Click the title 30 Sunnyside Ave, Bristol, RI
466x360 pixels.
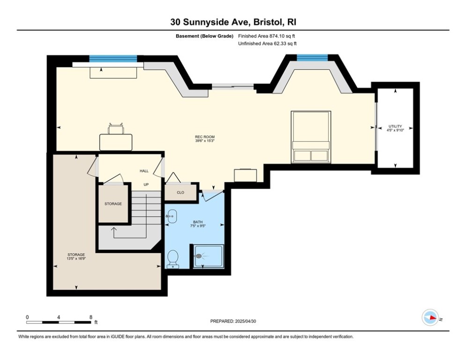pos(233,22)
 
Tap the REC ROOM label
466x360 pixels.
pos(205,137)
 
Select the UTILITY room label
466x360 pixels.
pos(395,127)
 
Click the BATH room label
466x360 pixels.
pos(199,222)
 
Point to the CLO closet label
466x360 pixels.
pos(180,193)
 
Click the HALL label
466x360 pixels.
pos(144,171)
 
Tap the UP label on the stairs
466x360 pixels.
pos(146,185)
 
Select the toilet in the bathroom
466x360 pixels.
pos(172,258)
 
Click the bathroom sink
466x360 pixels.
pos(170,217)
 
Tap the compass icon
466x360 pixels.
pos(429,318)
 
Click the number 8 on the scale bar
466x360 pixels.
pos(90,317)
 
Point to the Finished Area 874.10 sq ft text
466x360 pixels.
pos(267,36)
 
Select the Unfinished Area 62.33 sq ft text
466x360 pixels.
pos(267,44)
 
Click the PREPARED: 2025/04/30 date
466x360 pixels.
pos(233,321)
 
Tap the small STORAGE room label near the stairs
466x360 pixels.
pos(113,204)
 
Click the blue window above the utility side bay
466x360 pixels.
pos(312,58)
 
